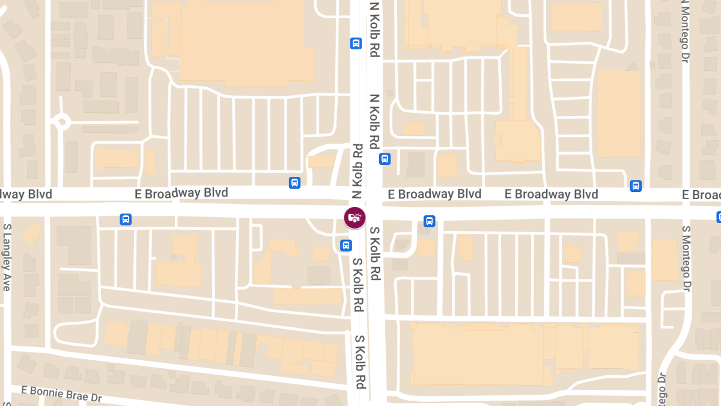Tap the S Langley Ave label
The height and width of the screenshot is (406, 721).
point(7,257)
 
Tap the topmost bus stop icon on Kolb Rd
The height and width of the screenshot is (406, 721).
point(356,43)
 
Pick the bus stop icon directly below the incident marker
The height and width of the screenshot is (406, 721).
point(346,245)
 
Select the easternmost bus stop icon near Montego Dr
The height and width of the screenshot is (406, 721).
point(636,186)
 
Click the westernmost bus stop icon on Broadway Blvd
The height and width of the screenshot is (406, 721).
point(126,219)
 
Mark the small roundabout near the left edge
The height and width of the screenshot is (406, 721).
point(61,122)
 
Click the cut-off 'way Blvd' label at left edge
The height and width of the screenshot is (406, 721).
point(26,194)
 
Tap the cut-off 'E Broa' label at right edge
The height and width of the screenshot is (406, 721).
point(701,195)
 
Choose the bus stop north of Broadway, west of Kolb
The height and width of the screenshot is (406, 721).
point(294,183)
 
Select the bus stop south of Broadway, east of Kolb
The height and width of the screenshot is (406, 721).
point(429,221)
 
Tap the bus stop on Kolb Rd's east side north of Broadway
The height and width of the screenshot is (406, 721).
point(385,159)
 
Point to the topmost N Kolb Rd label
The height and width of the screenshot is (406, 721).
point(374,29)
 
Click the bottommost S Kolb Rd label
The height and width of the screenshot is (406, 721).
point(360,362)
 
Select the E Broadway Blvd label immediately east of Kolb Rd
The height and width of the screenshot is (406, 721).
point(434,194)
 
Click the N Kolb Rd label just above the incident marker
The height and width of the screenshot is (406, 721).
point(358,171)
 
